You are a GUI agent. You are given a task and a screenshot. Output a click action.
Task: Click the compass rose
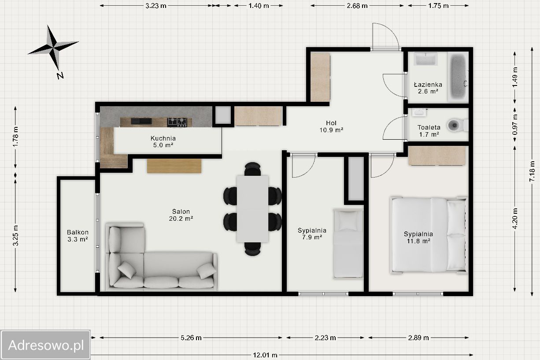[x=53, y=48]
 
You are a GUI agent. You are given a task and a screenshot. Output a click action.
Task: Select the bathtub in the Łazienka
[x=458, y=77]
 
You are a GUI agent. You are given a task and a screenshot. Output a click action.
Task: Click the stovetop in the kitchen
[x=177, y=122]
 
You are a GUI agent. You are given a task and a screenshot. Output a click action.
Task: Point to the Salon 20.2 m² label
[x=181, y=215]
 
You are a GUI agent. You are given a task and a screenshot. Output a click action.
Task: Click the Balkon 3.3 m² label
[x=78, y=236]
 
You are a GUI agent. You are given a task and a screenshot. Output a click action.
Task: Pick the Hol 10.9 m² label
[x=331, y=126]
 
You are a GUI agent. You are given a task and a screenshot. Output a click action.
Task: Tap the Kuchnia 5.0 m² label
[x=163, y=141]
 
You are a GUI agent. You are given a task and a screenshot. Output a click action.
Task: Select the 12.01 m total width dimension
[x=265, y=355]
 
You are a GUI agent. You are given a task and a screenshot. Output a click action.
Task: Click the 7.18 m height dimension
[x=532, y=171]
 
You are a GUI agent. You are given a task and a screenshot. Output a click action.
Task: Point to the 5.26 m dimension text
[x=191, y=338]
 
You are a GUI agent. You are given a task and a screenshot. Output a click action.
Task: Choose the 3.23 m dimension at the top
[x=156, y=6]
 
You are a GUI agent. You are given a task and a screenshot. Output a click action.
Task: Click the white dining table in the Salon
[x=252, y=209]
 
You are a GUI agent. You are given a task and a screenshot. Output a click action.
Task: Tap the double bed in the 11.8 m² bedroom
[x=429, y=235]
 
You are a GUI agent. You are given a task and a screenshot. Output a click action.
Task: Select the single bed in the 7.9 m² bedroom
[x=348, y=244]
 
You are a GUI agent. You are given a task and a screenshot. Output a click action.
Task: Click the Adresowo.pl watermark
[x=46, y=345]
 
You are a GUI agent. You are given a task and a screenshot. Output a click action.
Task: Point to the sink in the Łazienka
[x=426, y=59]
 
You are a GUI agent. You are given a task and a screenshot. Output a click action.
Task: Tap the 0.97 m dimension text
[x=515, y=124]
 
